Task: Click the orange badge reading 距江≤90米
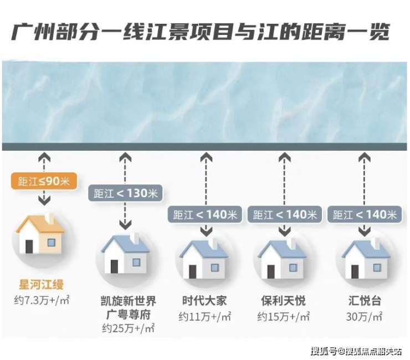[44, 182]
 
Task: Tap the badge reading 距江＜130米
[125, 194]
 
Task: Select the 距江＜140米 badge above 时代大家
[206, 214]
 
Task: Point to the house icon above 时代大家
[204, 258]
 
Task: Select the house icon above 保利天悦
[283, 258]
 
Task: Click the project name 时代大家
[204, 301]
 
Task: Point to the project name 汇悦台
[363, 301]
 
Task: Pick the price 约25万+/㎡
[128, 329]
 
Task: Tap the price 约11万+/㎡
[204, 317]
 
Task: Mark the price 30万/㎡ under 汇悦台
[363, 317]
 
